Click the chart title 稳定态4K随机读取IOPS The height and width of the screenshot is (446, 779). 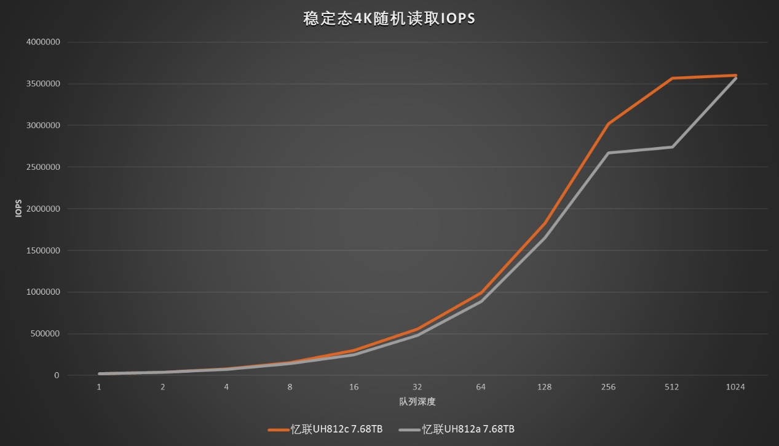tap(389, 18)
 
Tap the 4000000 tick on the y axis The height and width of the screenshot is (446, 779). tap(43, 42)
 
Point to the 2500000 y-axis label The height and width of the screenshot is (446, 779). tap(43, 167)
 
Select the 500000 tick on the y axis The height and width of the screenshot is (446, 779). tap(45, 333)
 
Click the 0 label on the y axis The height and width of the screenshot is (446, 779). tap(57, 375)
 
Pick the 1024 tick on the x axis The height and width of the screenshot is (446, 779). tap(735, 387)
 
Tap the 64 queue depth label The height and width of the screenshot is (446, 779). tap(481, 387)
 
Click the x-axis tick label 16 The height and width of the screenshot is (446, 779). tap(354, 387)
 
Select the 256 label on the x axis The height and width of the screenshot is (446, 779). tap(608, 387)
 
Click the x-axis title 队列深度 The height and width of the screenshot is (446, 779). tap(417, 402)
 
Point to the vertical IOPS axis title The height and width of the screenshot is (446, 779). tap(19, 209)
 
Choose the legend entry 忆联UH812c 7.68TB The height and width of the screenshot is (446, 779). tap(325, 429)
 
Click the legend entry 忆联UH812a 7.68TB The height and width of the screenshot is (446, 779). tap(457, 429)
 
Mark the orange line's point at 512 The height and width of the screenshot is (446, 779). tap(672, 78)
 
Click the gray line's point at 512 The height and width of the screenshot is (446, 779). tap(672, 147)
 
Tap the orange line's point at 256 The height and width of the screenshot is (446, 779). tap(608, 124)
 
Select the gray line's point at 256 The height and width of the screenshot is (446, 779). tap(608, 153)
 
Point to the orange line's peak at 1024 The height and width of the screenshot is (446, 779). tap(735, 75)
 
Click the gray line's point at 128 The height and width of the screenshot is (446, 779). tap(545, 238)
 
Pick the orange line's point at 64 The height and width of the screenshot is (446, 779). tap(481, 293)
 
